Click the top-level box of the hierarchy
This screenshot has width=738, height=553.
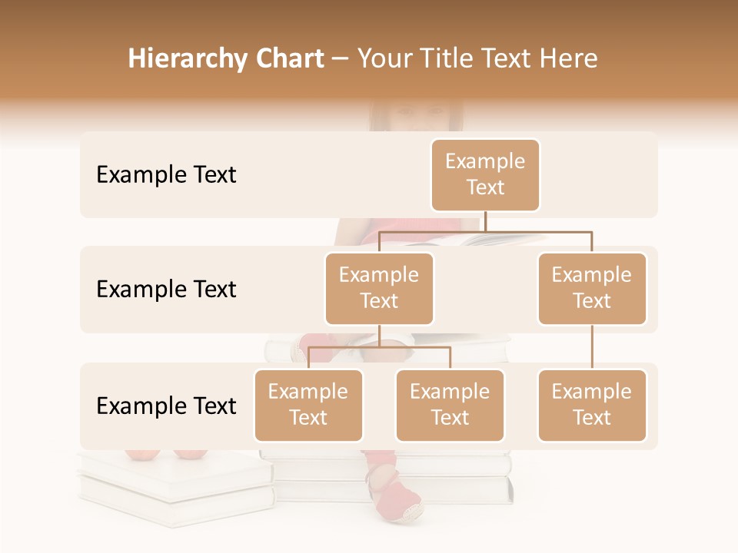point(485,175)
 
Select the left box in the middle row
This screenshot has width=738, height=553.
point(379,289)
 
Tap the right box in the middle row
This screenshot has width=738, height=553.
point(592,289)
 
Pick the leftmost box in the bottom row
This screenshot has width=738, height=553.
point(308,406)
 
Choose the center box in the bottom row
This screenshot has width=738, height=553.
point(450,406)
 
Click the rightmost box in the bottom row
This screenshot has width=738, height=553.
point(592,406)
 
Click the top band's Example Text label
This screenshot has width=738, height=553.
point(166,175)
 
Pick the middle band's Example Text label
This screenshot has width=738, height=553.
point(166,290)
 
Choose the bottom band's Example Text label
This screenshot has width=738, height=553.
point(166,406)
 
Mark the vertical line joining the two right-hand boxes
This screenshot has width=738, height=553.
point(592,347)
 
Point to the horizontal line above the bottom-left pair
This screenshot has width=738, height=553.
point(379,347)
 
